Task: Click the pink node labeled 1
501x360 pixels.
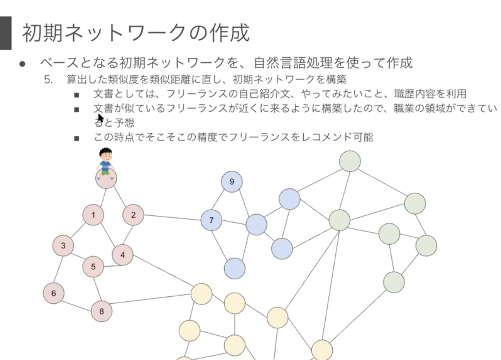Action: (x=93, y=215)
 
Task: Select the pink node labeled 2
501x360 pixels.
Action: (x=133, y=215)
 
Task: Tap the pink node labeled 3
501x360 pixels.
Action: (x=63, y=245)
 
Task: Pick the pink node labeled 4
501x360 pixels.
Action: (x=122, y=255)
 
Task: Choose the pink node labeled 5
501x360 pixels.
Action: (x=93, y=267)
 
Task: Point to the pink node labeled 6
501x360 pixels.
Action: (x=54, y=293)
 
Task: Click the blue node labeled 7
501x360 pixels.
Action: (x=211, y=220)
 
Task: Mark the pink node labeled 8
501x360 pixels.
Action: (x=102, y=311)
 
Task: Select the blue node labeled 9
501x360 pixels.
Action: (x=232, y=181)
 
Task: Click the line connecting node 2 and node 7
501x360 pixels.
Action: (x=172, y=218)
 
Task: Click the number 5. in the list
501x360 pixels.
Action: (x=48, y=80)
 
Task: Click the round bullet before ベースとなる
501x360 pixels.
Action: (x=23, y=64)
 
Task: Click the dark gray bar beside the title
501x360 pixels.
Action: (x=6, y=33)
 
